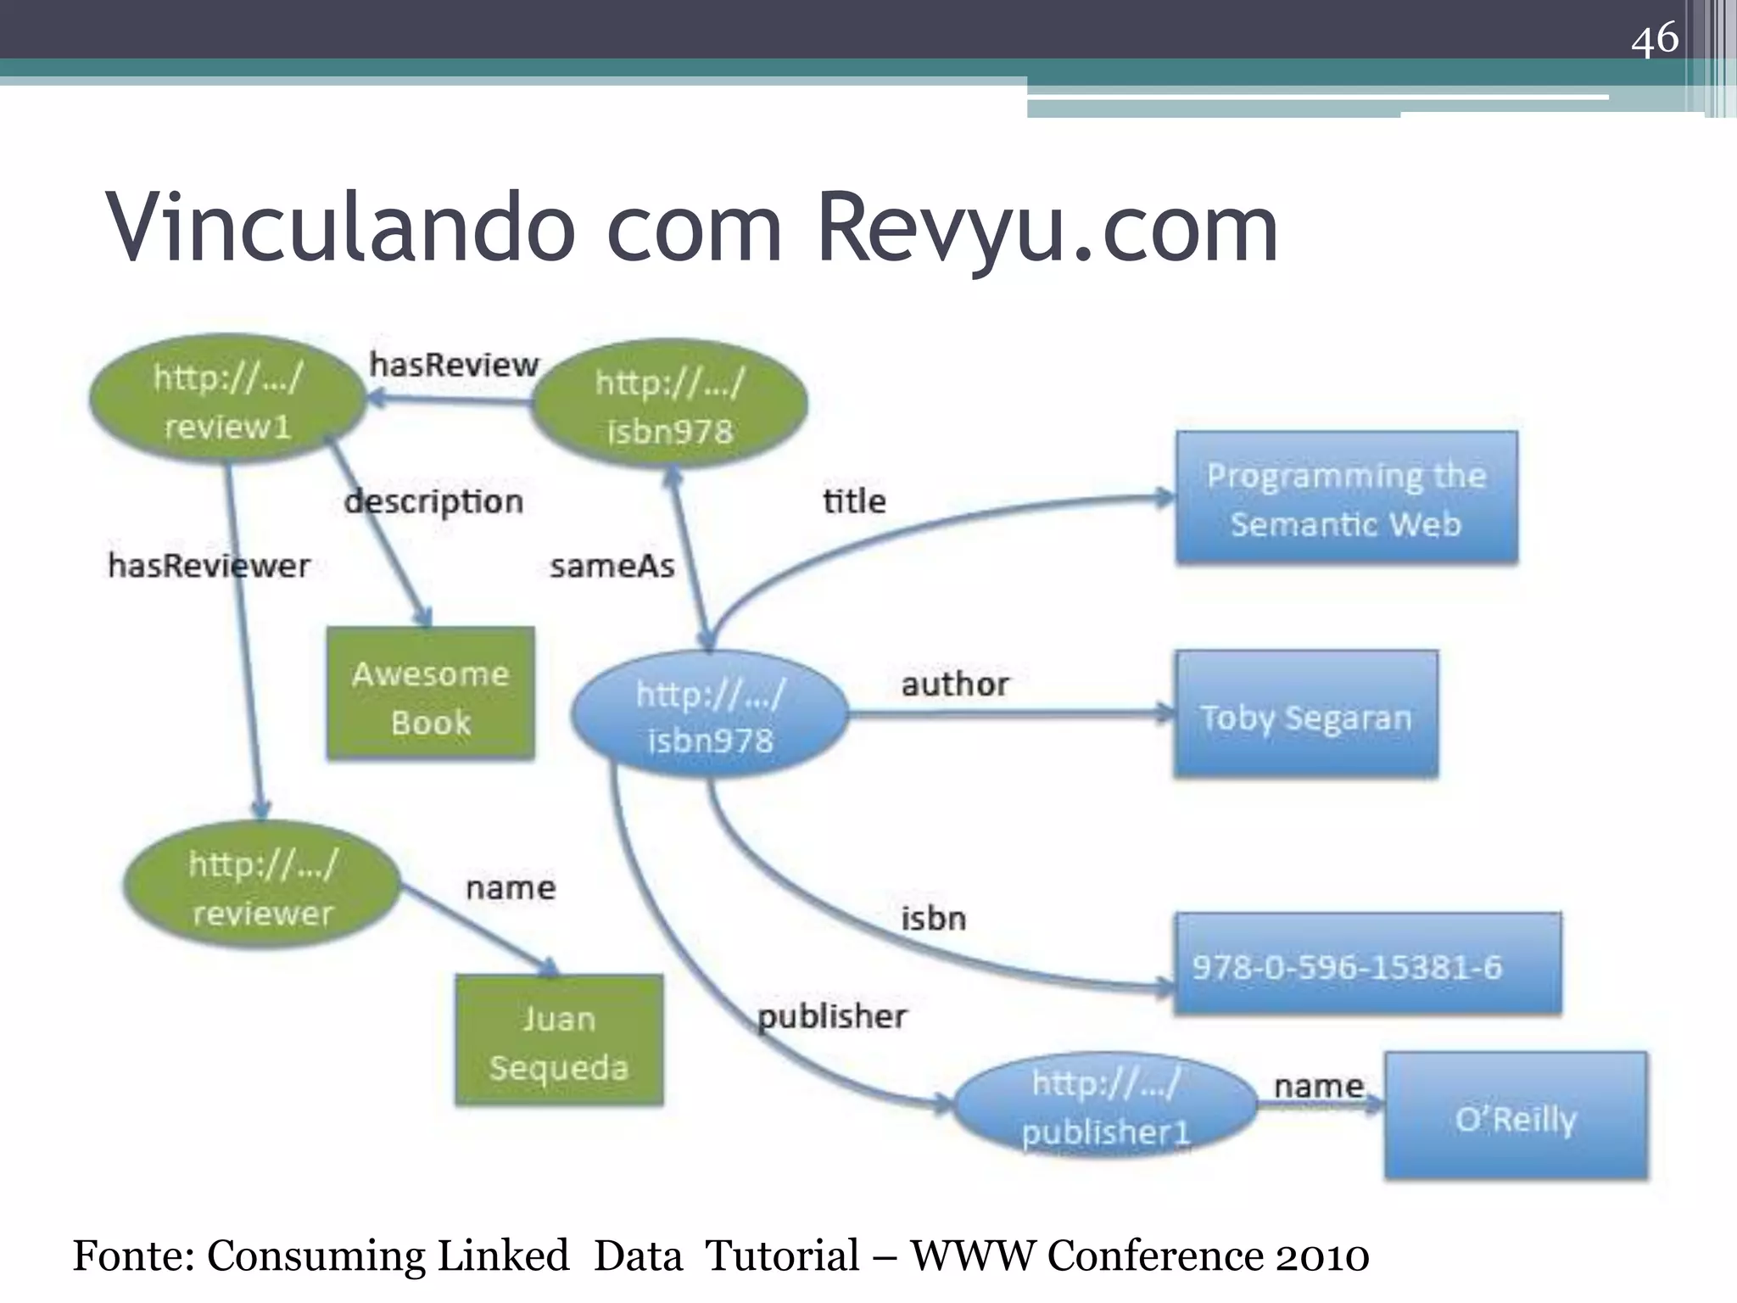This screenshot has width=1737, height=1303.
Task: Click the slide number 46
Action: [1654, 39]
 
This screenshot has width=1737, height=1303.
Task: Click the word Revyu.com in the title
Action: [1047, 227]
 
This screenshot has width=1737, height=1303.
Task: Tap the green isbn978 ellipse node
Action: [669, 405]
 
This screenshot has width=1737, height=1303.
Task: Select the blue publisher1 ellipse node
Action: [1105, 1106]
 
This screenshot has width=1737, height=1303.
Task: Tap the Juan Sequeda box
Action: [559, 1041]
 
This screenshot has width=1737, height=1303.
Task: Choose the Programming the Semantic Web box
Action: [1346, 499]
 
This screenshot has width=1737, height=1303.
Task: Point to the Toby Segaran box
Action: [1306, 715]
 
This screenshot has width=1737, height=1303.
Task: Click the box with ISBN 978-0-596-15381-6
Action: [1367, 965]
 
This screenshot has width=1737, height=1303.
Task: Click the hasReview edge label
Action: [454, 365]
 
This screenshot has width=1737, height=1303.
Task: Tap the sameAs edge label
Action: [612, 566]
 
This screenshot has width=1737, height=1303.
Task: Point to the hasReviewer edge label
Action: [209, 565]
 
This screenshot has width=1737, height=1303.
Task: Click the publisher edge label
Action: [831, 1015]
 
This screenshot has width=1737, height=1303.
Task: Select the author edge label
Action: [955, 684]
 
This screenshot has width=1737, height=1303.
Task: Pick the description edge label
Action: [433, 501]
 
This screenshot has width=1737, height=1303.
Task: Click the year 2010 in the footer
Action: [1322, 1256]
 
